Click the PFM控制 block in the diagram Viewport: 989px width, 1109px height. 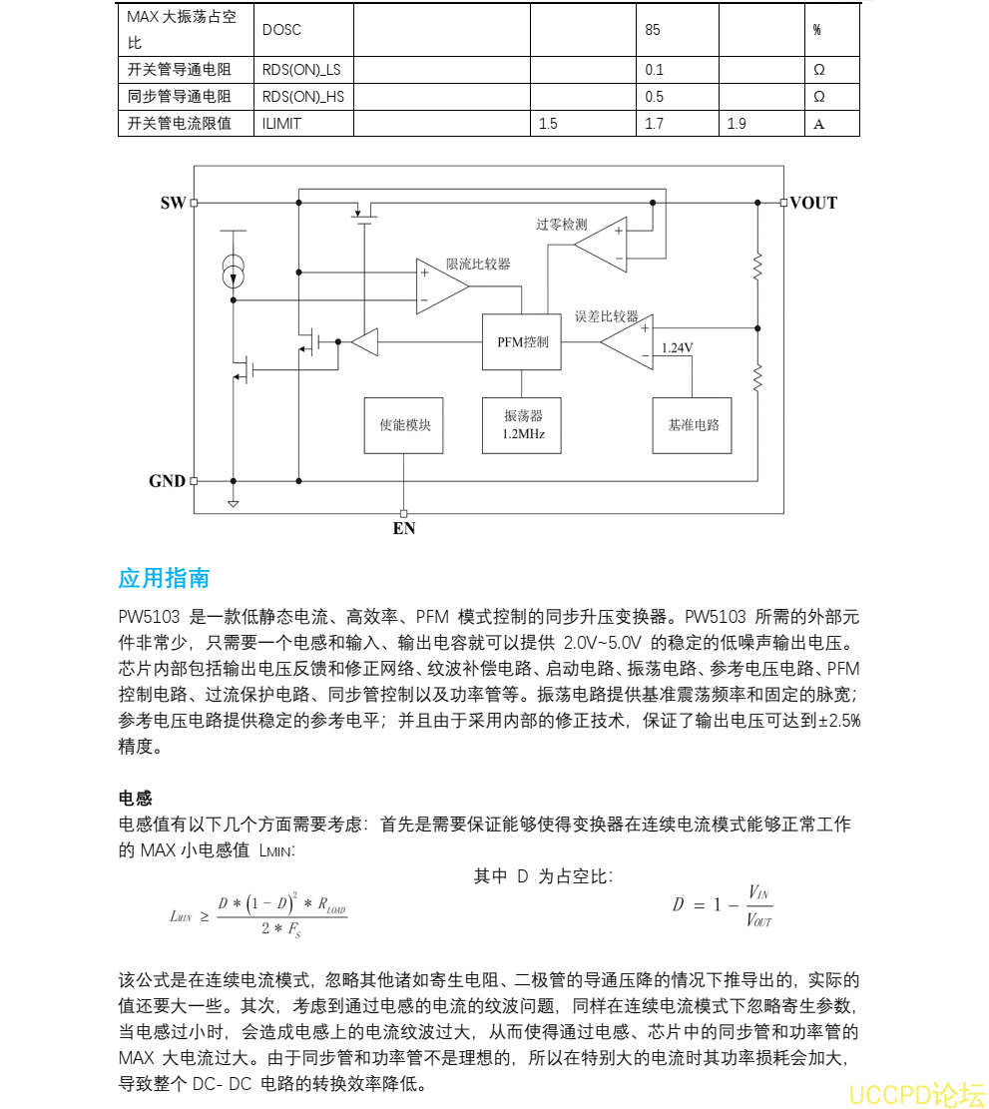coord(522,342)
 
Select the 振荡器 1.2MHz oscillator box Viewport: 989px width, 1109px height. coord(522,425)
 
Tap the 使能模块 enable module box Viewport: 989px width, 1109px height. coord(404,425)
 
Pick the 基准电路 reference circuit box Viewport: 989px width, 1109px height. coord(693,425)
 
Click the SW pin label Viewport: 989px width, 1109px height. coord(173,203)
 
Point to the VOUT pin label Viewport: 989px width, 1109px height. coord(813,203)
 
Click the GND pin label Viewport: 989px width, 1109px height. coord(168,481)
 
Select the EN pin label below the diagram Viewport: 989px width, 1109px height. coord(404,528)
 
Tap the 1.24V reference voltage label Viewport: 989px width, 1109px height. coord(677,348)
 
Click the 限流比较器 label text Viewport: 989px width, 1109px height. coord(478,264)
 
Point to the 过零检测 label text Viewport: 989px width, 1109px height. coord(561,225)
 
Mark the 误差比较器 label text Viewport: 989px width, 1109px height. coord(606,316)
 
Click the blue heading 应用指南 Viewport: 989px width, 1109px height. coord(164,579)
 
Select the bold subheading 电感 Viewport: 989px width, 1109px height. coord(135,799)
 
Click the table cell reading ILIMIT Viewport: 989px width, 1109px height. coord(281,124)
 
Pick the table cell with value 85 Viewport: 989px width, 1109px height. coord(653,30)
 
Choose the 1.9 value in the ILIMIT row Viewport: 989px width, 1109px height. coord(737,124)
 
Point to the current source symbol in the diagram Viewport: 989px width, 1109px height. coord(232,271)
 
